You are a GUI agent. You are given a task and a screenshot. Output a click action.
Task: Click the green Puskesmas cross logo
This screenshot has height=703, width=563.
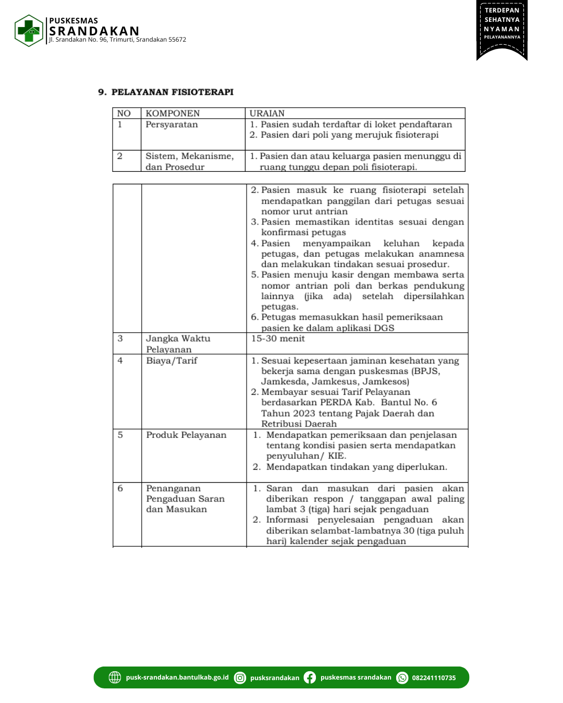point(29,31)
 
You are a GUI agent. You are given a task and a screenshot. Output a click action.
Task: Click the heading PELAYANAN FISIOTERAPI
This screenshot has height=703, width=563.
point(172,92)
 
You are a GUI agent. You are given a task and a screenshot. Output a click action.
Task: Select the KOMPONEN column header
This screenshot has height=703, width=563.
point(173,114)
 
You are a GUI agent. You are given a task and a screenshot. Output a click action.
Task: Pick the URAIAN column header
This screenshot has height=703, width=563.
point(267,114)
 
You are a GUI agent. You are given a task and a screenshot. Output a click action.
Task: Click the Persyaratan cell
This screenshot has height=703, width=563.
point(172,125)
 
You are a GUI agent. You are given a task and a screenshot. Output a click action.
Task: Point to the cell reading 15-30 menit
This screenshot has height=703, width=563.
point(278,339)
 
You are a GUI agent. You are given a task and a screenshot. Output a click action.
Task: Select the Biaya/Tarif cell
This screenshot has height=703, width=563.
point(172,361)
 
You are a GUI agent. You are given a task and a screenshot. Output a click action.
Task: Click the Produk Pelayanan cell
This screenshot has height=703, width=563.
point(186,435)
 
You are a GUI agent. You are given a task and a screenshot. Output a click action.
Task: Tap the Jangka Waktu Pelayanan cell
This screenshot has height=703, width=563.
point(178,344)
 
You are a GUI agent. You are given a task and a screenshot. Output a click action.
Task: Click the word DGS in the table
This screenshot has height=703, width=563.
point(384,328)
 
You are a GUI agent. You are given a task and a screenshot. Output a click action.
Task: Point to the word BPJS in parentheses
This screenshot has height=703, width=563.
point(426,371)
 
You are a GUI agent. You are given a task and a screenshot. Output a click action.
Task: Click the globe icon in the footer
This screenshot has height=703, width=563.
point(115,677)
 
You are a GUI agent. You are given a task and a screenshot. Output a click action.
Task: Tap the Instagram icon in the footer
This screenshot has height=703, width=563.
point(240,677)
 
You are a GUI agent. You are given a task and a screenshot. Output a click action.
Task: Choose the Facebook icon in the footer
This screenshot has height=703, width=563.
point(310,677)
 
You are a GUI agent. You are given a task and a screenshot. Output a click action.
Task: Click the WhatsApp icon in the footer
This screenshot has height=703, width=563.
point(402,677)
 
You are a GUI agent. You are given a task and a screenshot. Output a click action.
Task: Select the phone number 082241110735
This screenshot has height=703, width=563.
point(434,678)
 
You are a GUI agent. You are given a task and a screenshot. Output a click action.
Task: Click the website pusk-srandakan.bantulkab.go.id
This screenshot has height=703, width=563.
point(177,677)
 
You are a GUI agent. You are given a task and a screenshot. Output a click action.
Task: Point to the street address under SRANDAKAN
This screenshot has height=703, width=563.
point(117,40)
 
